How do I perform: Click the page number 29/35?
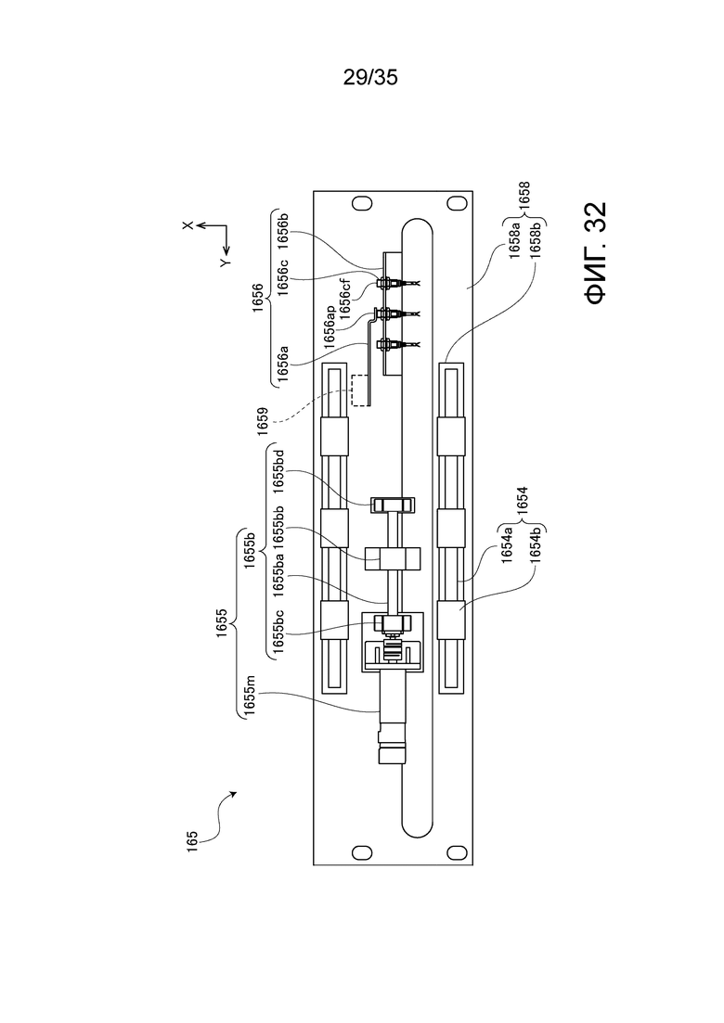370,78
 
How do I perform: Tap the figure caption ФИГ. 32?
596,253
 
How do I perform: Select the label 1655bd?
278,472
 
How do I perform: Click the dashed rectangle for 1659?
358,390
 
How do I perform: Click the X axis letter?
188,225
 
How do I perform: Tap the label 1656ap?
330,324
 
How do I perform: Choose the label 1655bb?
278,526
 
